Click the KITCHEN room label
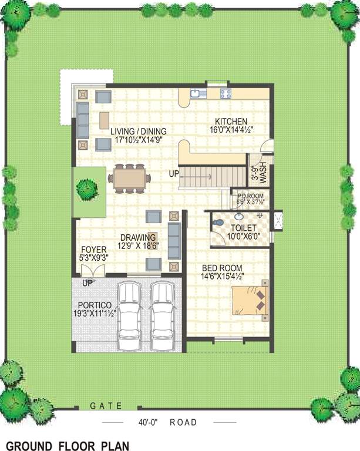(231, 121)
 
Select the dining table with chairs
(129, 178)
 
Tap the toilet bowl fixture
(219, 224)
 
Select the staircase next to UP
(212, 176)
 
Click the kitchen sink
(196, 93)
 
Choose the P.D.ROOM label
(251, 196)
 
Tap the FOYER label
(94, 250)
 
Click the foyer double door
(93, 271)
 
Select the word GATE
(106, 406)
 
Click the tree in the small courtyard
(87, 189)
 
